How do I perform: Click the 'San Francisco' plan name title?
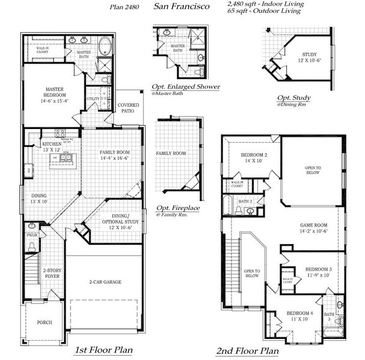pyautogui.click(x=182, y=7)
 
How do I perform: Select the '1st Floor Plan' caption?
pyautogui.click(x=103, y=349)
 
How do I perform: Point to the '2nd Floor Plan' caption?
pyautogui.click(x=247, y=350)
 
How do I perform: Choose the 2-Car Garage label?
pyautogui.click(x=105, y=281)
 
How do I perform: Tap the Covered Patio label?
pyautogui.click(x=126, y=108)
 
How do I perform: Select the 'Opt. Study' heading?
pyautogui.click(x=293, y=98)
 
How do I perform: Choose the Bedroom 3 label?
pyautogui.click(x=318, y=269)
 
